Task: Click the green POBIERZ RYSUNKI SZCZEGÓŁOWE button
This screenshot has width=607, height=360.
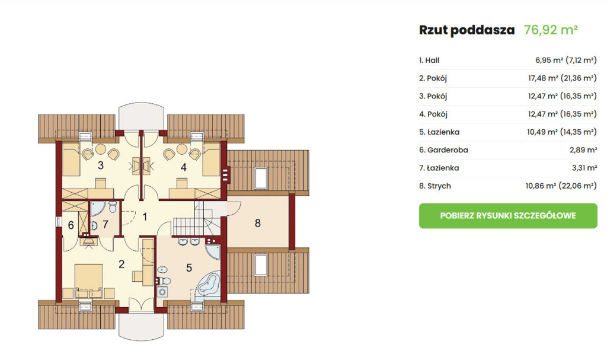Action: (x=508, y=216)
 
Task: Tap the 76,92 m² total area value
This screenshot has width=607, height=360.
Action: (x=551, y=30)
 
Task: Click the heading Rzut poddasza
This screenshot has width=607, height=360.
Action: (x=467, y=30)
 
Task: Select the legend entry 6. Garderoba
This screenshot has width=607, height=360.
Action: (x=443, y=150)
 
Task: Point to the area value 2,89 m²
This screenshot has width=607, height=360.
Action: (x=583, y=150)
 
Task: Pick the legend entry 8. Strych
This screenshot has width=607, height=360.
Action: (x=435, y=186)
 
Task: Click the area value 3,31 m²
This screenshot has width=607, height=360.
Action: (x=584, y=168)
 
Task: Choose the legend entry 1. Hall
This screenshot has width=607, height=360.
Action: (x=429, y=60)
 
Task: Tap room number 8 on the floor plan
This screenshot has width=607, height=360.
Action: (x=258, y=223)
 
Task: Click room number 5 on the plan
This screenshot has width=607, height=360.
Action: (x=189, y=267)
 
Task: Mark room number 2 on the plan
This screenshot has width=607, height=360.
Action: (x=122, y=265)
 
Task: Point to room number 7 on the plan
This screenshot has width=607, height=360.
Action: (x=106, y=224)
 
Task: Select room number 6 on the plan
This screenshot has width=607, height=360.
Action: (x=71, y=225)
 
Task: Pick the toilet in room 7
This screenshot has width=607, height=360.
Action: (x=113, y=207)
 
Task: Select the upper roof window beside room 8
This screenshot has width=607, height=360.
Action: (x=261, y=178)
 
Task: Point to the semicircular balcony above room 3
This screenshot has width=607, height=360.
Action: (x=141, y=116)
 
